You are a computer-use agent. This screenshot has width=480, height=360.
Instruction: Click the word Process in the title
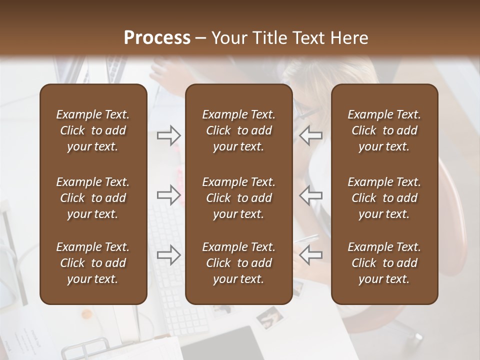click(157, 38)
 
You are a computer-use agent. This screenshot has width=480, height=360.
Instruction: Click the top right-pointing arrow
click(169, 135)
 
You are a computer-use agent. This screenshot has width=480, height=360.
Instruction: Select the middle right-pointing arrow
click(169, 194)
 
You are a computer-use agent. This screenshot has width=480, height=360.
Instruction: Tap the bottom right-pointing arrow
click(169, 255)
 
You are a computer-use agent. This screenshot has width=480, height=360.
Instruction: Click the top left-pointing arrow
click(311, 135)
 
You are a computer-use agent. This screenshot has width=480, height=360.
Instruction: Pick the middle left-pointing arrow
click(311, 194)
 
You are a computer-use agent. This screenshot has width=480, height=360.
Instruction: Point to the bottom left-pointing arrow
click(311, 255)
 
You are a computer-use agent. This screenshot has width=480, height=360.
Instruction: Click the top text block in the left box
click(93, 130)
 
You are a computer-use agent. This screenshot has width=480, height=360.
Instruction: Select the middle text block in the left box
click(93, 198)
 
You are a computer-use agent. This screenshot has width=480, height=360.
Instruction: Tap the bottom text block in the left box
click(93, 263)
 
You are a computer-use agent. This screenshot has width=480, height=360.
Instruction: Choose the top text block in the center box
click(238, 130)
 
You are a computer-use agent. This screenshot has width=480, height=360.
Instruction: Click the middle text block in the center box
click(238, 198)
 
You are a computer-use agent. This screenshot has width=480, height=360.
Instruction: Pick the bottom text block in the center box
click(238, 263)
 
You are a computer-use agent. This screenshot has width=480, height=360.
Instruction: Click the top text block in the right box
click(384, 130)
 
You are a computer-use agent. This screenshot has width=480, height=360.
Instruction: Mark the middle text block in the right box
click(384, 198)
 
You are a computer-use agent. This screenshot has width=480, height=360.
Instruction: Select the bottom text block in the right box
click(384, 263)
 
